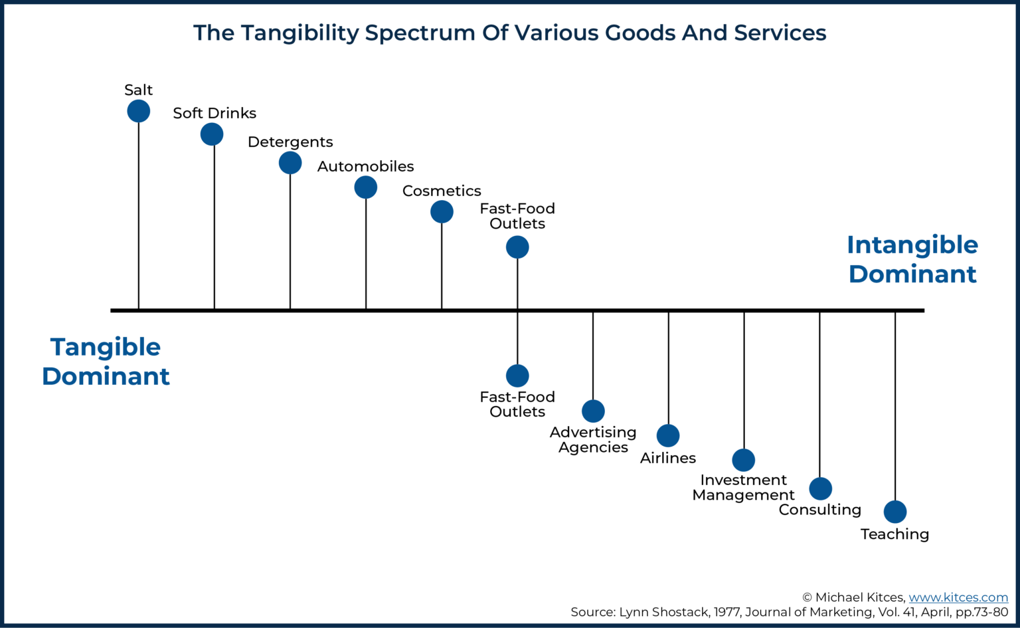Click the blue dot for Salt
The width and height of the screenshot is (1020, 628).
(138, 111)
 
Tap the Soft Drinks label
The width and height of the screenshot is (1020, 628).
(214, 113)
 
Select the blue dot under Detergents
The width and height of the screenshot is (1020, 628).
(290, 163)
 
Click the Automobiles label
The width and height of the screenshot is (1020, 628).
(365, 166)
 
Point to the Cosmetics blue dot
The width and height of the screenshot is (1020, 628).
(442, 212)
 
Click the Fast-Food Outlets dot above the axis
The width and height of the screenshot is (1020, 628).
(517, 247)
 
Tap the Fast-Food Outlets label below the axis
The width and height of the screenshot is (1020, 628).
(517, 404)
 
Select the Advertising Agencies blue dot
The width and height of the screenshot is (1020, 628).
(593, 411)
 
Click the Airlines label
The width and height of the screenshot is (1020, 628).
(667, 458)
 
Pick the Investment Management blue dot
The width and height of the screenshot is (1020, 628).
(744, 460)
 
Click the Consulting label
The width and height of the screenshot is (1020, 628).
(819, 510)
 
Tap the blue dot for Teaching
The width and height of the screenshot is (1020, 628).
(895, 512)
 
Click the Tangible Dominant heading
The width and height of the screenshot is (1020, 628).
(106, 362)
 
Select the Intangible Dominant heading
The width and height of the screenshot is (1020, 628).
(912, 259)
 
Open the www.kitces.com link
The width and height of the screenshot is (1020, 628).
(958, 597)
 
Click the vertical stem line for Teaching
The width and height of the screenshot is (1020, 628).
(895, 405)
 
